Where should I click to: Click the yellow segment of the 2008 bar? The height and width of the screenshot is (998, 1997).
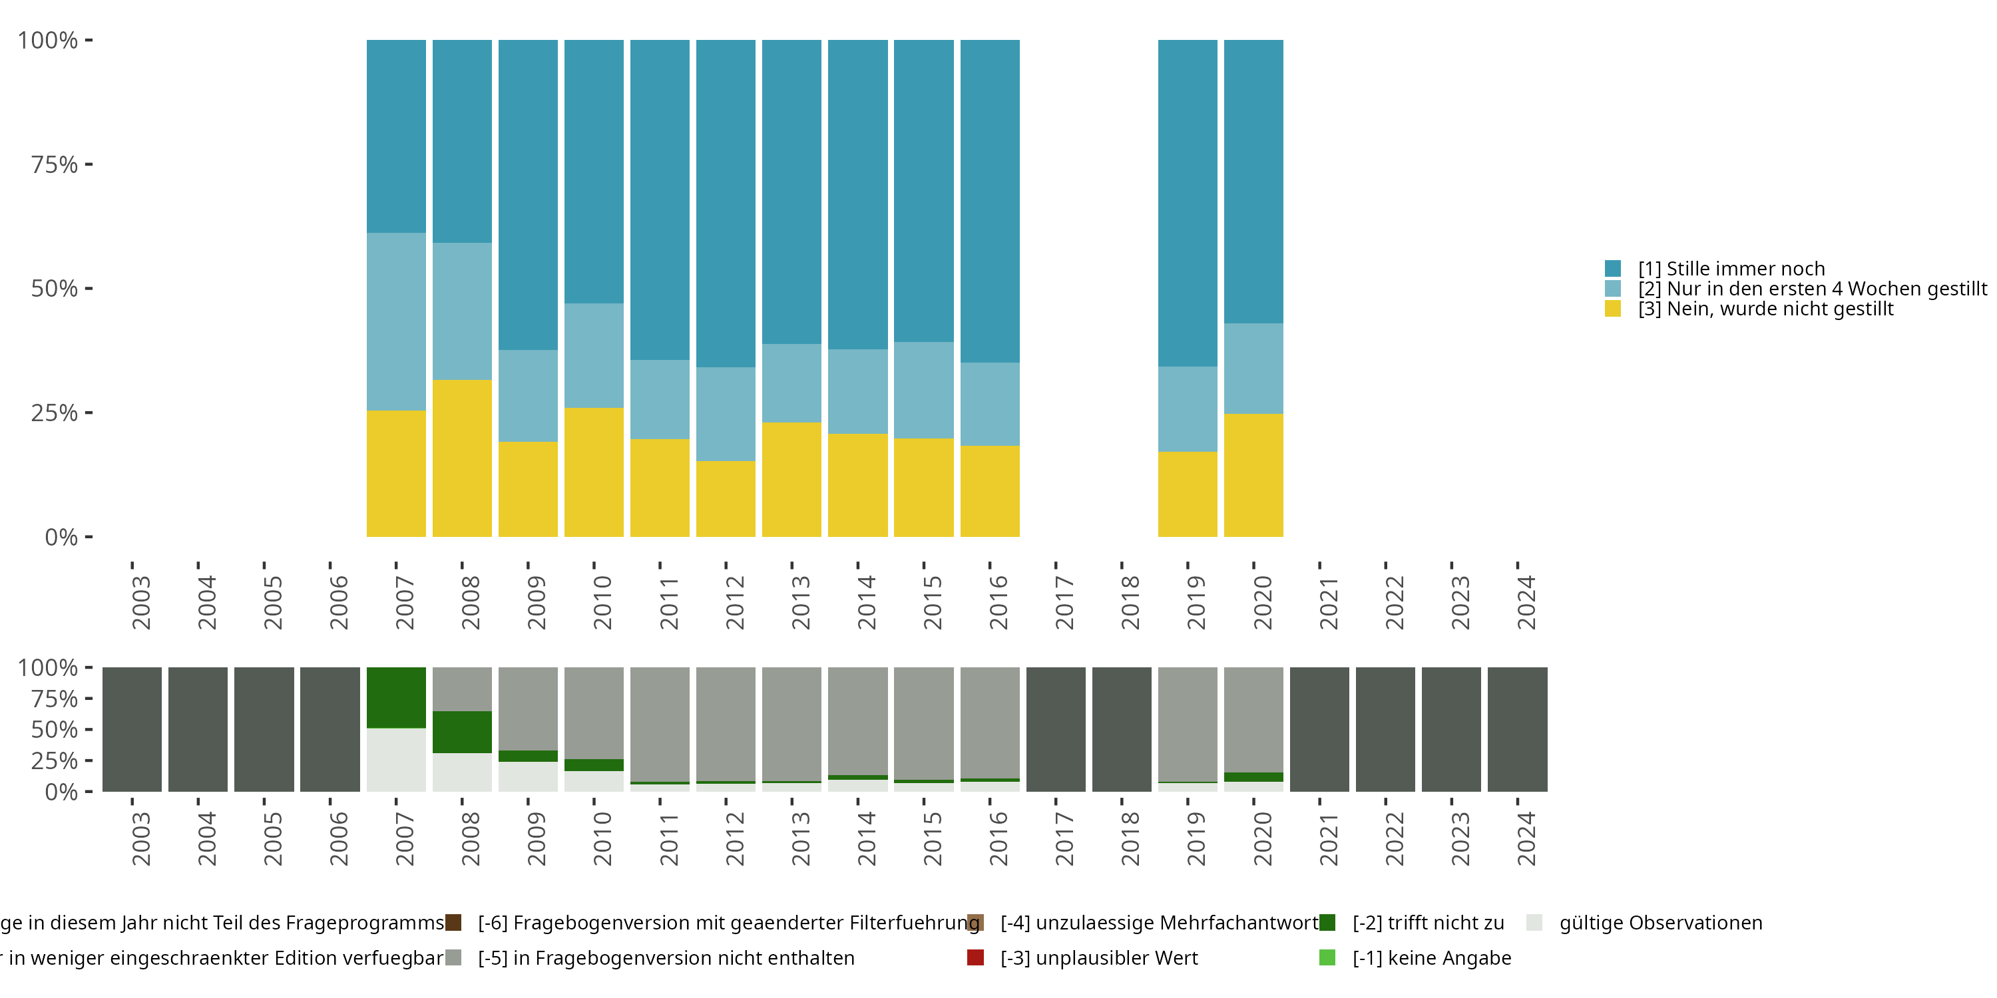coord(462,457)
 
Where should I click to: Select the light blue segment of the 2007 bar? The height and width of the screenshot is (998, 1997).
coord(396,321)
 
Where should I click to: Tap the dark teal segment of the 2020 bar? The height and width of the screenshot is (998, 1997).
coord(1253,182)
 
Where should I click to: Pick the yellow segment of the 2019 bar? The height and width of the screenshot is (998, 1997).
coord(1188,494)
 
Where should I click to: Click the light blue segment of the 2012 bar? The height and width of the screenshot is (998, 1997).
coord(726,414)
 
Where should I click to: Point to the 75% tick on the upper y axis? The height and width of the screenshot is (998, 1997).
coord(89,164)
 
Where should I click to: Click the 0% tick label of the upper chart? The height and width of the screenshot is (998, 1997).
coord(61,537)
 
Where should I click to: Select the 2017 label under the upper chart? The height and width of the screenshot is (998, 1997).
coord(1064,602)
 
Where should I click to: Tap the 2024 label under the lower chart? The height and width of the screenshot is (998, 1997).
coord(1526,838)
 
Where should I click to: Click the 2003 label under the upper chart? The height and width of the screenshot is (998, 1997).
coord(141,602)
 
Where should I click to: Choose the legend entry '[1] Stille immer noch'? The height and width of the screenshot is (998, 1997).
coord(1732,269)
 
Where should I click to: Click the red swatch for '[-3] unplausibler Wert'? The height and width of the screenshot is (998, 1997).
coord(976,957)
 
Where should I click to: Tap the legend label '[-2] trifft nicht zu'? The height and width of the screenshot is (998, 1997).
coord(1428,923)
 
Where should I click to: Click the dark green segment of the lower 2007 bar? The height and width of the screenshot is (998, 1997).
coord(396,697)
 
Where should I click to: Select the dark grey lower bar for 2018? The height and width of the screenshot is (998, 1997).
coord(1122,729)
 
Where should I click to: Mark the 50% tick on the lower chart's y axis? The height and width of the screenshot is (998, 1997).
coord(89,729)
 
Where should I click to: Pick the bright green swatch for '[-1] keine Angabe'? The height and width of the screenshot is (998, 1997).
coord(1327,957)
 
